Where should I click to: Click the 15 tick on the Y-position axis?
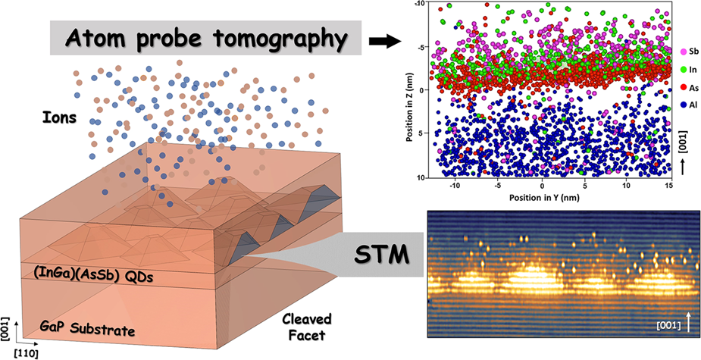(x=668, y=186)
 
